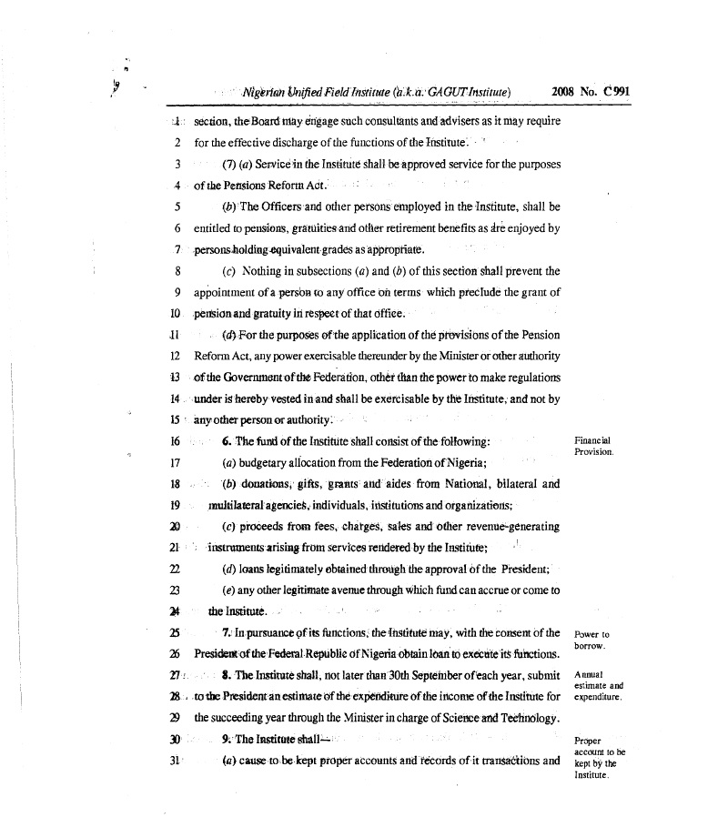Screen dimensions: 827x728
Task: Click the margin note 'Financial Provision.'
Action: coord(593,446)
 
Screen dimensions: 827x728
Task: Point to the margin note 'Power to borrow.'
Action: coord(592,640)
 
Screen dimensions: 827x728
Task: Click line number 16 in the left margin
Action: coord(175,441)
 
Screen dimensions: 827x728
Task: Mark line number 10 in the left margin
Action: coord(175,314)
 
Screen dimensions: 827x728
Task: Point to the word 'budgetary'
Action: coord(271,462)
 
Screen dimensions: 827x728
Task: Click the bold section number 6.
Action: coord(225,441)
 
